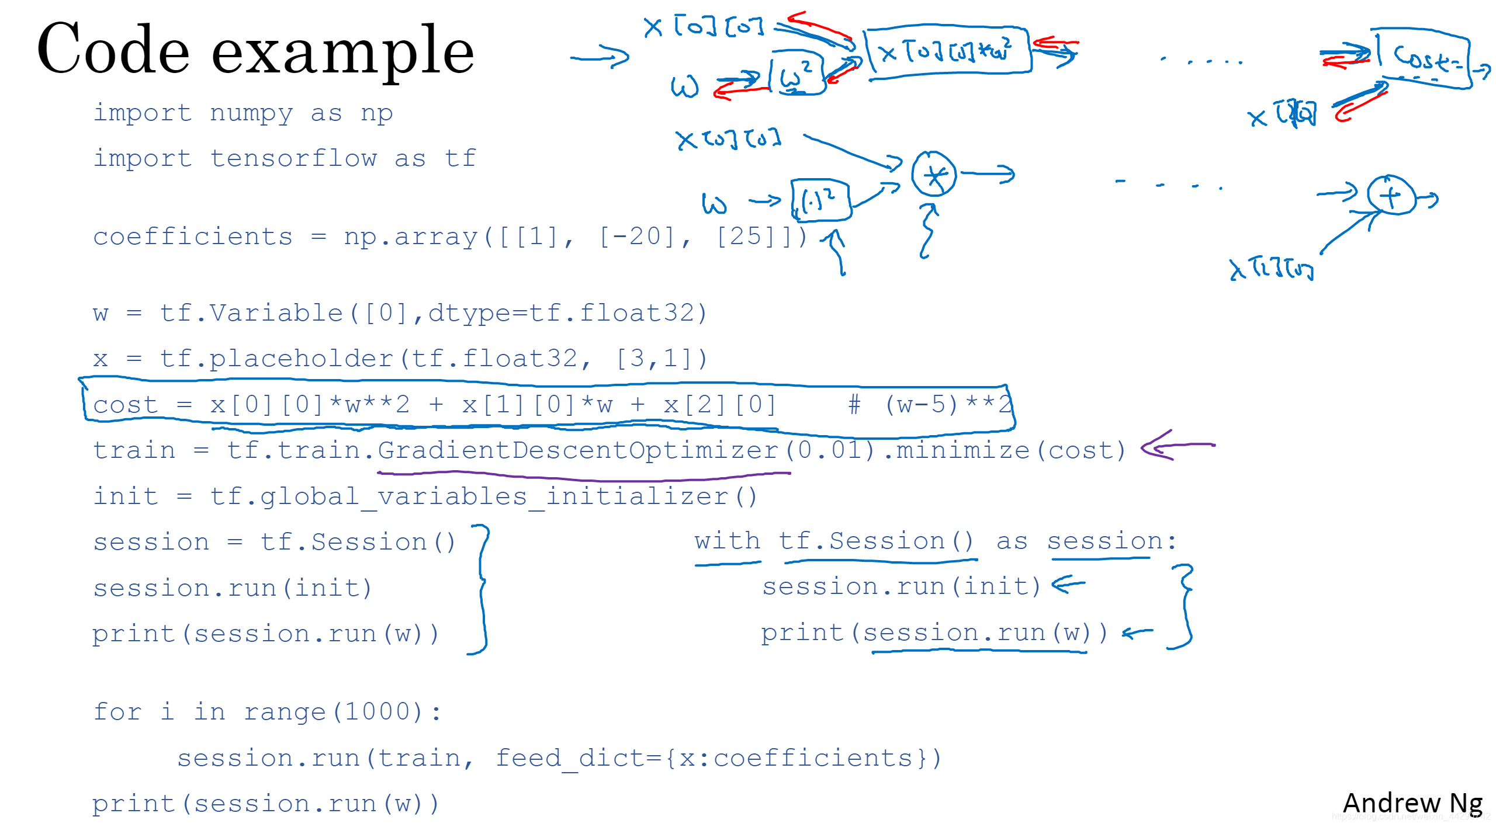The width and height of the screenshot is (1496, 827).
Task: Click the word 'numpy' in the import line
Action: click(x=251, y=113)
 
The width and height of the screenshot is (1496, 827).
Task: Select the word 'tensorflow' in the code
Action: click(x=293, y=158)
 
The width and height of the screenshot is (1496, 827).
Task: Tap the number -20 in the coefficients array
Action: click(x=637, y=237)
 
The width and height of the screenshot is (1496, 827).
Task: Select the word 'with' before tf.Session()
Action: click(x=727, y=541)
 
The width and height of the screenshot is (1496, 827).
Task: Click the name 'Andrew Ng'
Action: click(x=1412, y=803)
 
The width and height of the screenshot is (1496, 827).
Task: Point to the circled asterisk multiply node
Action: click(x=934, y=175)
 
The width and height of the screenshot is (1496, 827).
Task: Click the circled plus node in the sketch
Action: click(x=1391, y=196)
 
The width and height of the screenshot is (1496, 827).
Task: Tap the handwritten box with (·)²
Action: click(x=820, y=200)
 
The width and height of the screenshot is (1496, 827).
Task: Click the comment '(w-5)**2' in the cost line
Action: click(x=947, y=404)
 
